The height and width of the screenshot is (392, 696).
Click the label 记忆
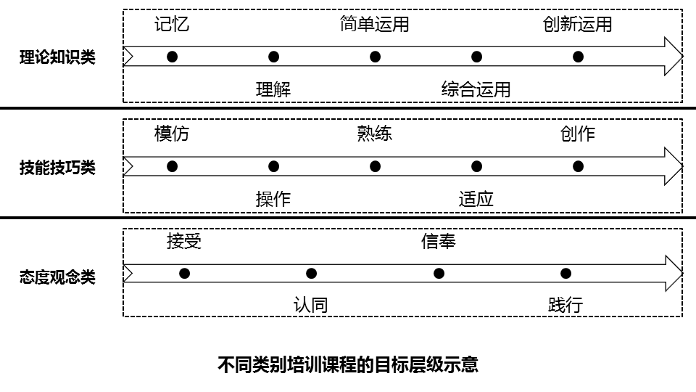pos(172,24)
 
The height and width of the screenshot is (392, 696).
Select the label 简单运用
pos(374,24)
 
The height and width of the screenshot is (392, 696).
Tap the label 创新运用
pos(577,24)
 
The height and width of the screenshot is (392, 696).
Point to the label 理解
pos(273,89)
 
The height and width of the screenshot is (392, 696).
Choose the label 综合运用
pos(476,89)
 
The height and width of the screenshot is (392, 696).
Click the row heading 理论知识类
pos(57,57)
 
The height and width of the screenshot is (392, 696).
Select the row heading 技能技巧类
pos(57,167)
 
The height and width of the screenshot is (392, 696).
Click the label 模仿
pos(172,134)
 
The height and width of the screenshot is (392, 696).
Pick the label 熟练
pos(374,134)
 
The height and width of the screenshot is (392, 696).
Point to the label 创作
pos(577,134)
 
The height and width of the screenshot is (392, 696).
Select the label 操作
pos(273,199)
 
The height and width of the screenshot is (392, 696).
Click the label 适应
pos(476,199)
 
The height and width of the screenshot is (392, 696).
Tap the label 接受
pos(184,242)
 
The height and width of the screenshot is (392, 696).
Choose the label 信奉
pos(438,242)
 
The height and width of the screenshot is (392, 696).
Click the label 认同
pos(311,305)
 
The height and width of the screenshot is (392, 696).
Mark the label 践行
pos(565,305)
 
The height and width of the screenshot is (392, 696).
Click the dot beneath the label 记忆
pos(172,57)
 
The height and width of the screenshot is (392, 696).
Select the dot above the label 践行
pos(565,274)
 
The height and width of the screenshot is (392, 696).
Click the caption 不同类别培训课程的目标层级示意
pos(348,364)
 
